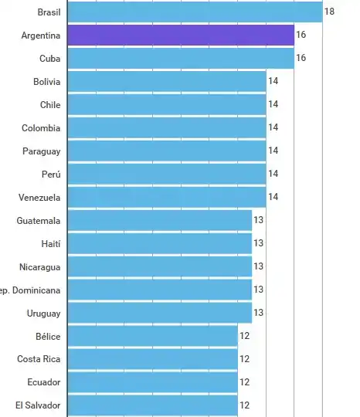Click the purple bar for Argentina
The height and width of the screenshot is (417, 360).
tap(181, 36)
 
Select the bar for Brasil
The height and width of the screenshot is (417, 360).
tap(195, 12)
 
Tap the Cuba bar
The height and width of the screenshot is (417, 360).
tap(181, 59)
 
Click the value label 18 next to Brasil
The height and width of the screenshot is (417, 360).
tap(329, 12)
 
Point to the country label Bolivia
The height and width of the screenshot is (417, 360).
tap(46, 82)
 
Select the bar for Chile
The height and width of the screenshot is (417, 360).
tap(167, 105)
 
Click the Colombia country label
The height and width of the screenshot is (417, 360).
tap(41, 128)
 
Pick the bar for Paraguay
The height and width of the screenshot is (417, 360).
tap(167, 151)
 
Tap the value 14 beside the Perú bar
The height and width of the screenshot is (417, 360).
tap(273, 175)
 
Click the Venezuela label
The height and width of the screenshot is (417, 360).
tap(39, 198)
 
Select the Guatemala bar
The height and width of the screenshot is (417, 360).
tap(160, 221)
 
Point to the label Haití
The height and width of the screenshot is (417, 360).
tap(51, 243)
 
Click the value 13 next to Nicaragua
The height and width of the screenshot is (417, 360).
tap(259, 266)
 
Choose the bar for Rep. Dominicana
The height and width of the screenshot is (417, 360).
tap(160, 290)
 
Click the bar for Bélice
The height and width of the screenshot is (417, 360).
tap(153, 336)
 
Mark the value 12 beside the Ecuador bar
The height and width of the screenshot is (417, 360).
tap(244, 382)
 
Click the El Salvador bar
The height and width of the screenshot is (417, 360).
tap(153, 405)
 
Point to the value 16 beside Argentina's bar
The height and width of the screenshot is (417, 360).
tap(301, 36)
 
